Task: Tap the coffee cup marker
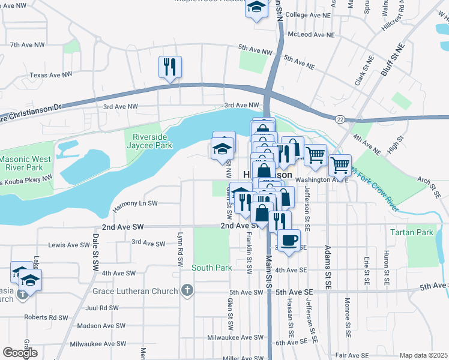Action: (289, 240)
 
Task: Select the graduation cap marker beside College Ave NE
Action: (256, 8)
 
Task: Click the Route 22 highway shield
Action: (340, 121)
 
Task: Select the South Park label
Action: (211, 267)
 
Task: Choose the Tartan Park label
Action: (411, 232)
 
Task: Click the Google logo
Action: (20, 353)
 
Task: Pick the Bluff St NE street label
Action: (393, 59)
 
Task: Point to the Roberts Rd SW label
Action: (45, 317)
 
